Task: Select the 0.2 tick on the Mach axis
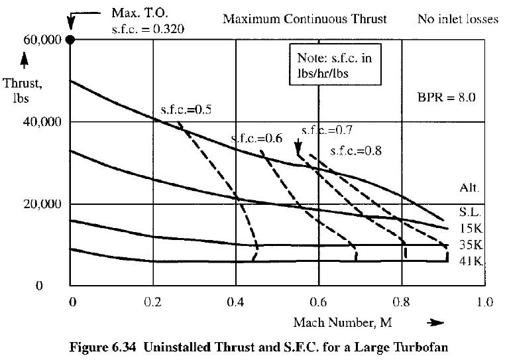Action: [154, 302]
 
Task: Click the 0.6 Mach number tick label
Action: [319, 302]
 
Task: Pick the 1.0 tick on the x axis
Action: [484, 302]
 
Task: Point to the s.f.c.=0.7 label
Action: [326, 131]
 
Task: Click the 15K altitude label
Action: [469, 228]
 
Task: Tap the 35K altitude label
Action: [469, 244]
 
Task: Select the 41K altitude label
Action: [469, 260]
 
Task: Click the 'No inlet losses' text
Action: [457, 19]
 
